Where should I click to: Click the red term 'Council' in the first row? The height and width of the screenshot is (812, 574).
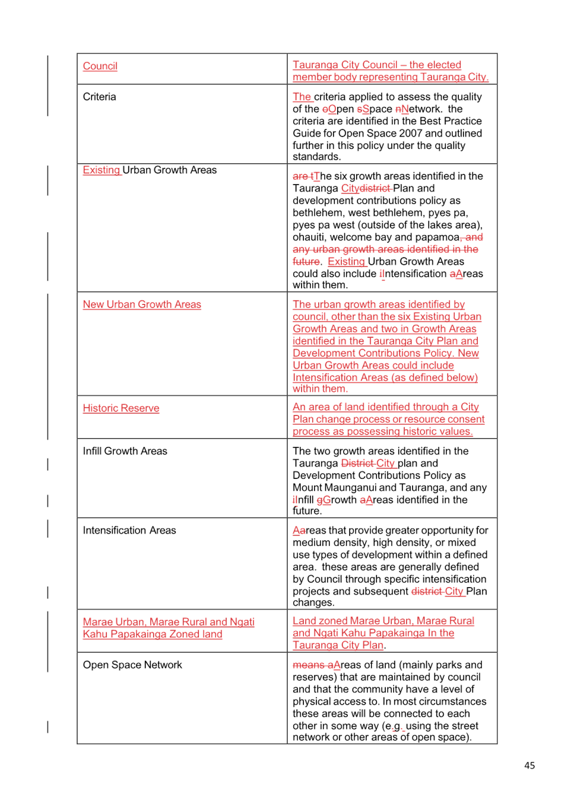100,66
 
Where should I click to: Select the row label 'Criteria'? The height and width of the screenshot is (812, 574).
99,97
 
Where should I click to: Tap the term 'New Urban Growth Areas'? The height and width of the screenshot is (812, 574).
142,304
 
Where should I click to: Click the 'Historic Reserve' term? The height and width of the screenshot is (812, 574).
121,408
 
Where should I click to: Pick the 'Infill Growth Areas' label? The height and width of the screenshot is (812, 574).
125,451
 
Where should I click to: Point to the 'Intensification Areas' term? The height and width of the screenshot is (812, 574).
129,530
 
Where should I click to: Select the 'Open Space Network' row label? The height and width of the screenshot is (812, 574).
132,665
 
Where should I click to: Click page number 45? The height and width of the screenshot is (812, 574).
529,765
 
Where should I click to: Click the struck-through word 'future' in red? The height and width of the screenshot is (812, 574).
306,262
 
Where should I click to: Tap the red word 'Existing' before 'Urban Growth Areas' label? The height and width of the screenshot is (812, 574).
101,170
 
